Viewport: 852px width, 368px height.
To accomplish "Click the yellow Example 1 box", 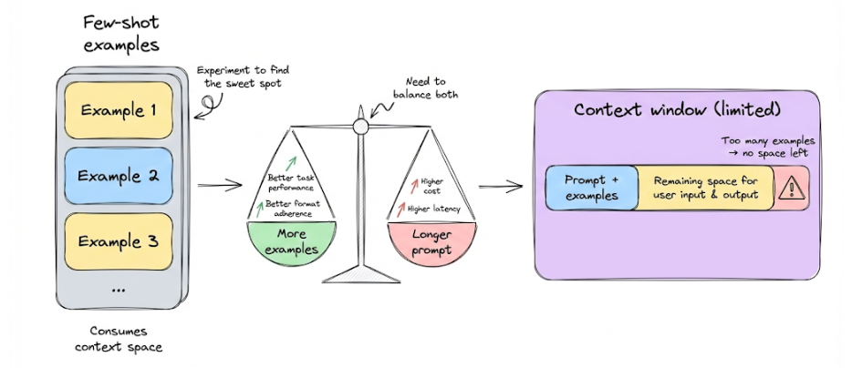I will point(119,110).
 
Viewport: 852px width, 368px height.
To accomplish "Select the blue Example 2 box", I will point(119,175).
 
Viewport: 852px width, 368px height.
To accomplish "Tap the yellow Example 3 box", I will point(119,241).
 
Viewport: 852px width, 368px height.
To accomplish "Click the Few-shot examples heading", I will point(119,33).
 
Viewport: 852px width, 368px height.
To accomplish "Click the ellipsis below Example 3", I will point(119,290).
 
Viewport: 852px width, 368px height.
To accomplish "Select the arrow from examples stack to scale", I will point(214,187).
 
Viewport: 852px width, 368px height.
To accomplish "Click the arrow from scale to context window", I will point(501,189).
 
